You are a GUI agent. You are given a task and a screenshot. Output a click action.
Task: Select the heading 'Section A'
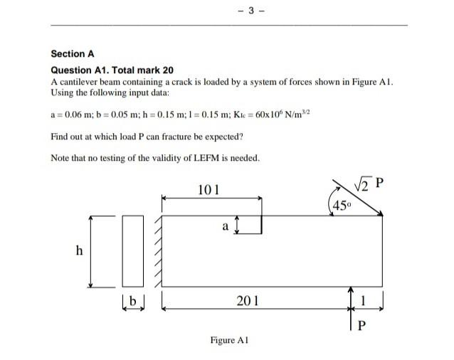(72, 53)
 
